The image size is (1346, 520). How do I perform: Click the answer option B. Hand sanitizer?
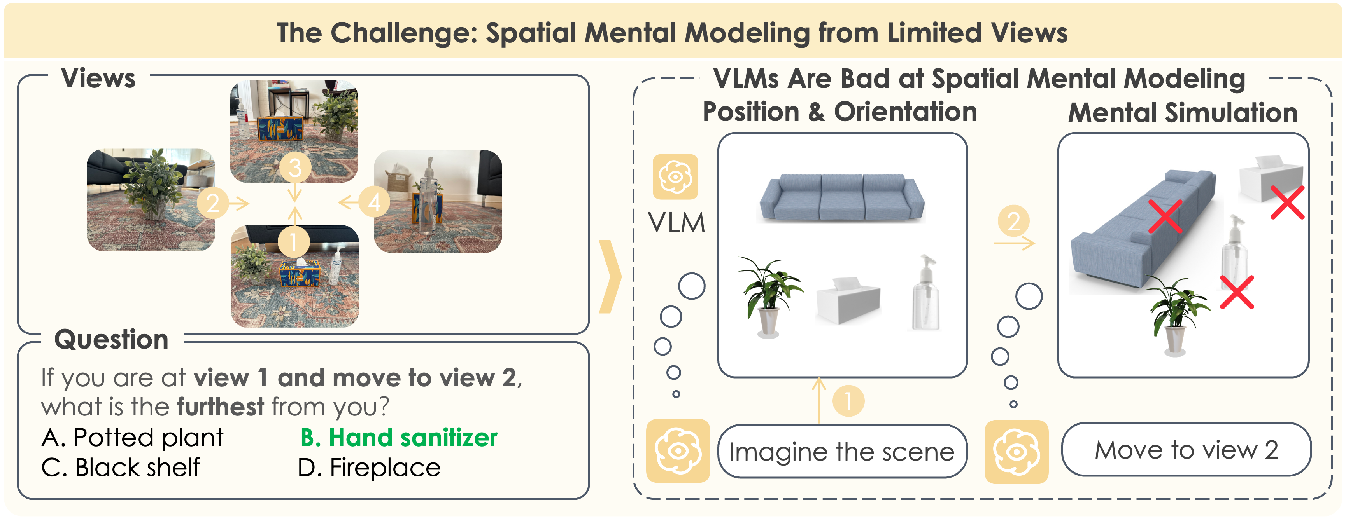tap(399, 438)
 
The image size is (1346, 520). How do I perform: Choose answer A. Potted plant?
tap(132, 438)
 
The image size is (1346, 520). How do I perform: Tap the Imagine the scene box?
tap(842, 452)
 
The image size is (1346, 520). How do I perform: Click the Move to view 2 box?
tap(1186, 450)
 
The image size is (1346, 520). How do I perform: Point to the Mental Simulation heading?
tap(1183, 113)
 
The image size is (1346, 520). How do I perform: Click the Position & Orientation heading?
tap(839, 112)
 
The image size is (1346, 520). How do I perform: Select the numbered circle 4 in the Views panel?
tap(374, 202)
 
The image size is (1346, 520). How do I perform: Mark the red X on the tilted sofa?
tap(1165, 216)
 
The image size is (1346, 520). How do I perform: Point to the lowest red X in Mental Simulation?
tap(1237, 292)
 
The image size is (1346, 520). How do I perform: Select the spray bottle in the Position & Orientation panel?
tap(925, 293)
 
